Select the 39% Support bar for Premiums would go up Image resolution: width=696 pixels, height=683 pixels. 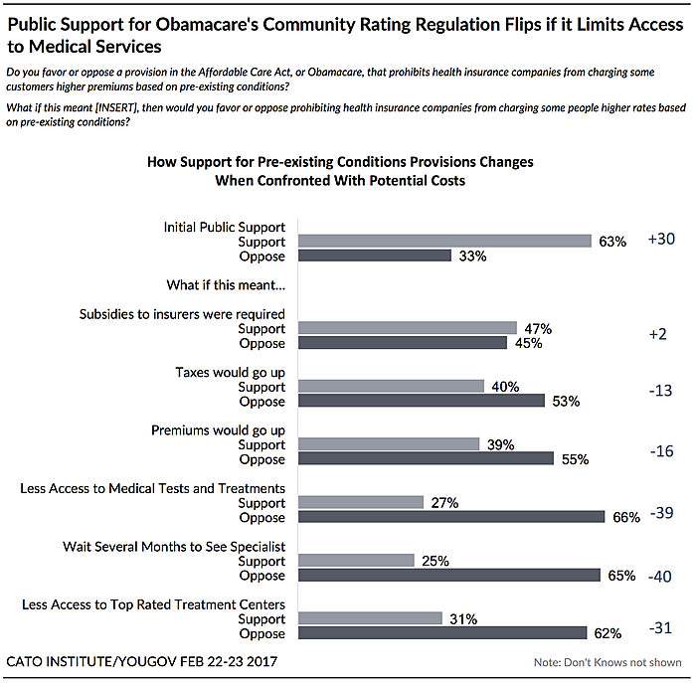389,444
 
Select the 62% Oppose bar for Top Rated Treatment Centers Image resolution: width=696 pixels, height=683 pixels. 442,633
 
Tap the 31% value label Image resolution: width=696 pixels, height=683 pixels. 461,619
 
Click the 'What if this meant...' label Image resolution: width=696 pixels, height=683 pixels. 226,285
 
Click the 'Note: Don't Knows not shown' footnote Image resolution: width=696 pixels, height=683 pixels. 606,662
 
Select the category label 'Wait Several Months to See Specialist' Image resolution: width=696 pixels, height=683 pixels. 174,547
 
